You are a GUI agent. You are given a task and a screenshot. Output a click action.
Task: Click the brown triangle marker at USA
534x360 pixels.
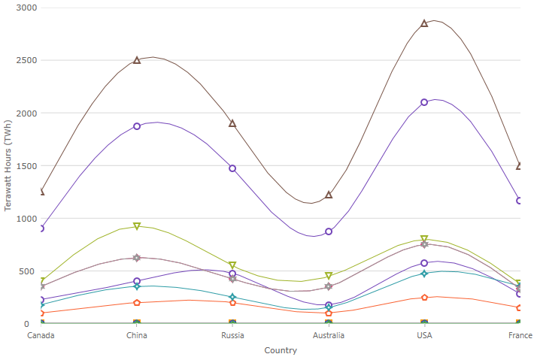pos(424,23)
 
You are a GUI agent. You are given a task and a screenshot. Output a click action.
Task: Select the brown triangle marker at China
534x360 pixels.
pos(137,60)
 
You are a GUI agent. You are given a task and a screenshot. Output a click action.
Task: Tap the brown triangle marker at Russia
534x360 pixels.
pos(232,123)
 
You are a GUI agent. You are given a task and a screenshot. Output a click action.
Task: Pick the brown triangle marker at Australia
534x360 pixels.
pos(329,195)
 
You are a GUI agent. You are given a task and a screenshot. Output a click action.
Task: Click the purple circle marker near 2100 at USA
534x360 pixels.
pos(424,102)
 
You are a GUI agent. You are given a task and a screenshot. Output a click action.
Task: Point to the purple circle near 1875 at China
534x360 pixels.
pos(137,126)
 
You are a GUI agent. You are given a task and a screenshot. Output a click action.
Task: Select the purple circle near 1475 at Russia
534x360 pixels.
pos(232,168)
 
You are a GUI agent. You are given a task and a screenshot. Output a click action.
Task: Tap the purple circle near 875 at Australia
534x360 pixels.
pos(329,231)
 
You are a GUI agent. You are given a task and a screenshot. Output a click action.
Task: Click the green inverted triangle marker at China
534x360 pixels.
pos(137,226)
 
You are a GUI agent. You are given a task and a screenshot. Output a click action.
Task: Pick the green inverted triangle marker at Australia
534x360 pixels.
pos(329,277)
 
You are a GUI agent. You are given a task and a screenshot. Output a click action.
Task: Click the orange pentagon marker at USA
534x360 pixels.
pos(424,298)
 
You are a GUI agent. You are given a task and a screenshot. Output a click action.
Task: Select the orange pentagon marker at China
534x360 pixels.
pos(137,303)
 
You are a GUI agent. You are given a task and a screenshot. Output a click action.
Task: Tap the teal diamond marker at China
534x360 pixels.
pos(137,286)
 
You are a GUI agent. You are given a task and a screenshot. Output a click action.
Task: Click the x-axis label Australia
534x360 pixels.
pos(329,336)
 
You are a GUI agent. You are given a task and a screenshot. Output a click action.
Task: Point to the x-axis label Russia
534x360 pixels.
pos(232,336)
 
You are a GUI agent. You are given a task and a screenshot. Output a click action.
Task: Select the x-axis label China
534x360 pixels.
pos(137,336)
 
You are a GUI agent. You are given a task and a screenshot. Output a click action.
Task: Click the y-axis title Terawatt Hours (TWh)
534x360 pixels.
pos(8,165)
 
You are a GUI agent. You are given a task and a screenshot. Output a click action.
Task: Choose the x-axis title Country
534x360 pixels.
pos(281,350)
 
